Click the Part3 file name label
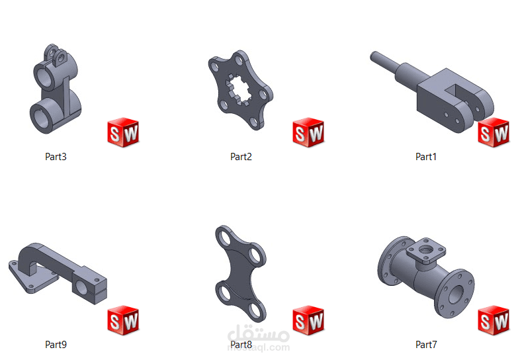click(x=56, y=156)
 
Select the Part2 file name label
click(x=241, y=156)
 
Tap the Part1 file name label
click(x=426, y=156)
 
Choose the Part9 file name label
click(x=56, y=345)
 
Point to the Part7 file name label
click(x=426, y=345)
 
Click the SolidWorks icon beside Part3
click(x=123, y=132)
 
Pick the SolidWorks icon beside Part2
click(x=308, y=132)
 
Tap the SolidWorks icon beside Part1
click(x=494, y=132)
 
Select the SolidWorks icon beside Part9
click(x=123, y=320)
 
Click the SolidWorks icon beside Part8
click(x=308, y=320)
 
